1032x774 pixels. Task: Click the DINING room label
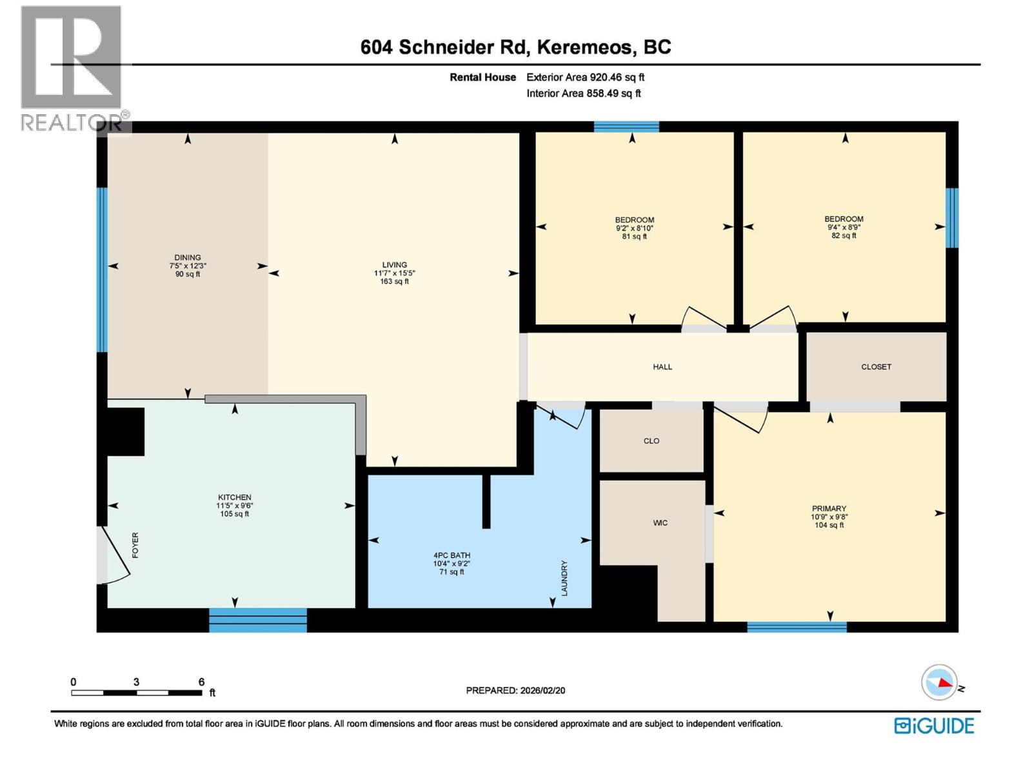188,257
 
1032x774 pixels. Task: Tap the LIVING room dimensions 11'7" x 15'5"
394,273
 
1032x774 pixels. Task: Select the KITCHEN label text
234,497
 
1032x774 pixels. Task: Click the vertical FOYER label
135,545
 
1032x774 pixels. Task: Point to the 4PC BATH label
451,555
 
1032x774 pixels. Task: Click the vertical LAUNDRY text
564,578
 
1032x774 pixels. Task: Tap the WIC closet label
660,523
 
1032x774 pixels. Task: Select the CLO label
651,441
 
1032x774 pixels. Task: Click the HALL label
662,367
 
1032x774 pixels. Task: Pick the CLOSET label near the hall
876,367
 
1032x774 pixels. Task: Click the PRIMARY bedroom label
829,508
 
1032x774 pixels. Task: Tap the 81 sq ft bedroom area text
635,237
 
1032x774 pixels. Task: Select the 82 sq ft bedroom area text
844,236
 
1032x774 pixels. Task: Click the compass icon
939,682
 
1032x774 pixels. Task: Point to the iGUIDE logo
934,726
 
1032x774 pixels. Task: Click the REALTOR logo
71,68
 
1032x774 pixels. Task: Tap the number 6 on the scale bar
201,682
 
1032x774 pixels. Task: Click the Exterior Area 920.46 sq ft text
585,77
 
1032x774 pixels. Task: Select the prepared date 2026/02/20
542,690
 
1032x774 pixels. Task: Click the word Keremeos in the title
584,47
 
